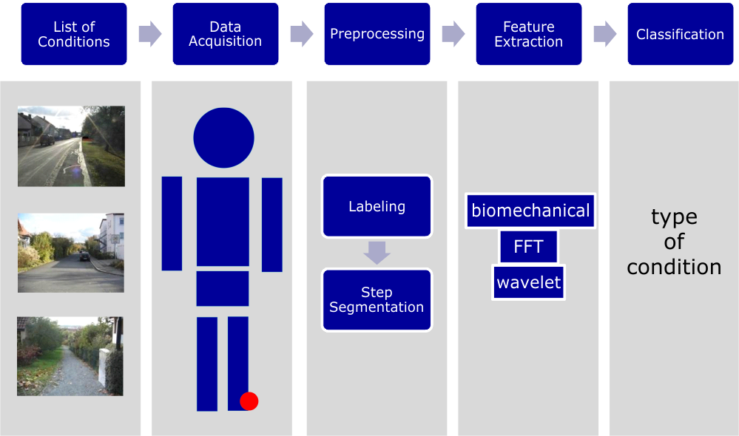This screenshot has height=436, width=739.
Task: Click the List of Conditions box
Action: click(74, 34)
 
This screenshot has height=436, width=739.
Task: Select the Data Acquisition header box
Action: click(226, 34)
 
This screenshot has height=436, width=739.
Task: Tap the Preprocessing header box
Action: click(377, 34)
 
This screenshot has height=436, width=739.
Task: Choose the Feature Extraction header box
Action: click(528, 34)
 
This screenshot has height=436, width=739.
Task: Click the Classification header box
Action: click(680, 34)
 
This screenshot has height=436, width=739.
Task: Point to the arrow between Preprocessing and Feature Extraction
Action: click(453, 33)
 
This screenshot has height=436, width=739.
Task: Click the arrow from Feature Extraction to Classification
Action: click(604, 33)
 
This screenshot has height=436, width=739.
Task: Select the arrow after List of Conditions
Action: click(149, 33)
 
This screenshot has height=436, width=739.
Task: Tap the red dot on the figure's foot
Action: click(249, 401)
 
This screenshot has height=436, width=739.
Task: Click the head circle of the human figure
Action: click(223, 137)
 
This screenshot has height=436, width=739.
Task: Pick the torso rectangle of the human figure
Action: click(223, 222)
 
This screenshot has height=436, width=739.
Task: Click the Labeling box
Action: click(377, 206)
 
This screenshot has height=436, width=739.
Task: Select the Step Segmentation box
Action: click(377, 299)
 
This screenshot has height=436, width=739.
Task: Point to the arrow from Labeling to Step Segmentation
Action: click(377, 253)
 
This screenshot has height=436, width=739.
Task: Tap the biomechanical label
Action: click(530, 211)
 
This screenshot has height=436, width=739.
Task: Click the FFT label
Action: click(528, 247)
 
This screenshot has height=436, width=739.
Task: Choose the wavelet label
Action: click(529, 282)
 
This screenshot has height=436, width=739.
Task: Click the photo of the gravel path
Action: click(70, 356)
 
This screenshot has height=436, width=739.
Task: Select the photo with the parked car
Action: click(71, 253)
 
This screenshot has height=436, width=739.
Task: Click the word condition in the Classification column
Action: click(674, 267)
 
